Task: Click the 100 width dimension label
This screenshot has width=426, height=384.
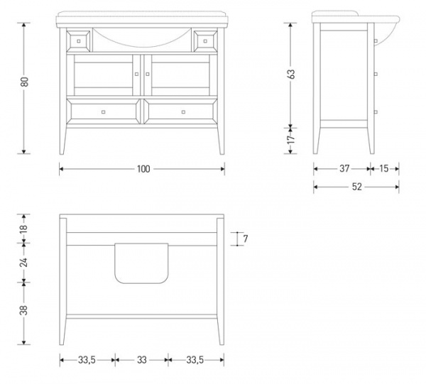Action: tap(143, 169)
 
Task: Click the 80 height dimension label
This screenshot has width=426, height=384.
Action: tap(24, 82)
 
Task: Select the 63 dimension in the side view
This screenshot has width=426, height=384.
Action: tap(290, 74)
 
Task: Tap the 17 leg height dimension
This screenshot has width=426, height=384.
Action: tap(290, 139)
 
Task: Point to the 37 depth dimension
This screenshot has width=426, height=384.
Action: tap(344, 168)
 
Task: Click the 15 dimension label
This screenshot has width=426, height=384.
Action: tap(383, 168)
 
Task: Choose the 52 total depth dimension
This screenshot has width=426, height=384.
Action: tap(356, 187)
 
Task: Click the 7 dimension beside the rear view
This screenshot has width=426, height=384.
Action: tap(246, 238)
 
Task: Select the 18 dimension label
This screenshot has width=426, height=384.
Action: tap(24, 228)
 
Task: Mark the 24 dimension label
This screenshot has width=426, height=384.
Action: tap(24, 263)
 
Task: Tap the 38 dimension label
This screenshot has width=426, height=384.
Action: tap(24, 310)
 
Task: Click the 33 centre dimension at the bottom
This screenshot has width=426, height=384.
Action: tap(141, 360)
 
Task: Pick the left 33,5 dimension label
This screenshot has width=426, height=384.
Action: tap(87, 360)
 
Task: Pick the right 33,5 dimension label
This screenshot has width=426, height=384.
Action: tap(195, 360)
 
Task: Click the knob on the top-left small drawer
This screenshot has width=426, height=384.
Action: tap(79, 41)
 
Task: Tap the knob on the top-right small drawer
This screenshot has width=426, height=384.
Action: tap(205, 41)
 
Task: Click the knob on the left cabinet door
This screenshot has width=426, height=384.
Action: tap(136, 74)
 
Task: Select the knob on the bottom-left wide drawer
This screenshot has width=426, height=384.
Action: tap(103, 112)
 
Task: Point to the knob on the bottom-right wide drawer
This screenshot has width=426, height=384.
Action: tap(183, 112)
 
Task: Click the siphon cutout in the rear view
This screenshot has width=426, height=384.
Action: tap(141, 263)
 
